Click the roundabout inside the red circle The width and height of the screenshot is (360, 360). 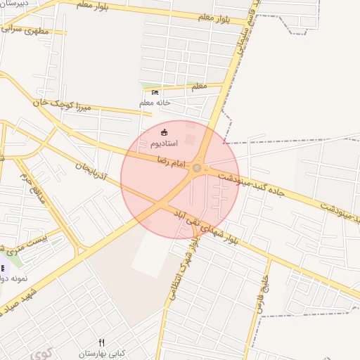coord(197,167)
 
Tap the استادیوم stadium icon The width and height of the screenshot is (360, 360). coord(165,132)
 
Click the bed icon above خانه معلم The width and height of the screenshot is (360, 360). coord(155,92)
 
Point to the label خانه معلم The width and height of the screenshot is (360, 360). coord(155,103)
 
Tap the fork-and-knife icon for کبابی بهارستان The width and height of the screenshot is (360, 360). coord(101,342)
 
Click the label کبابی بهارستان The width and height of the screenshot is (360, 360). coord(101,352)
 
